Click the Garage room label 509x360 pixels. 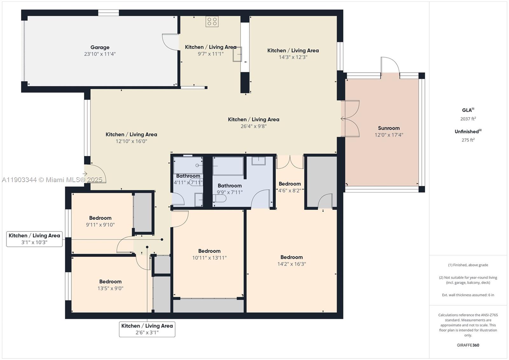(100, 47)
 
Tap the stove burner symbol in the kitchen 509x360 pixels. (212, 22)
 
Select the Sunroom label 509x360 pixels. (389, 128)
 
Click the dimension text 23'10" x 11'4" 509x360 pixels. (100, 54)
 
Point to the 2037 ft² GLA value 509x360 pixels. (468, 119)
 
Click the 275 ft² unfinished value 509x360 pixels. (468, 140)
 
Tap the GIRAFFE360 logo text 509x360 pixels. (468, 345)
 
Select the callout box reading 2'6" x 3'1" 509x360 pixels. (147, 329)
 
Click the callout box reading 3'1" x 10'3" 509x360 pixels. (34, 239)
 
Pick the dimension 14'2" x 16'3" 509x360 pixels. (291, 264)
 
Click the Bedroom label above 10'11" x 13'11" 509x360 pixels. (209, 251)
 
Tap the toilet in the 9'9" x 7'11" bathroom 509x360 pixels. (220, 199)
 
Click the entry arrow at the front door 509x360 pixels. (85, 173)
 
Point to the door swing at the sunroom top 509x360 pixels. (390, 65)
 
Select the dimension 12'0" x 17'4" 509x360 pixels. (389, 135)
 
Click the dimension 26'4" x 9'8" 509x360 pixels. (254, 126)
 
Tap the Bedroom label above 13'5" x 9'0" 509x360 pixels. (110, 281)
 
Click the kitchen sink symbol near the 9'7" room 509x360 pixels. (237, 54)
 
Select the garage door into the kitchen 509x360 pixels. (171, 42)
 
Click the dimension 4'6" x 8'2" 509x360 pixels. (289, 191)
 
